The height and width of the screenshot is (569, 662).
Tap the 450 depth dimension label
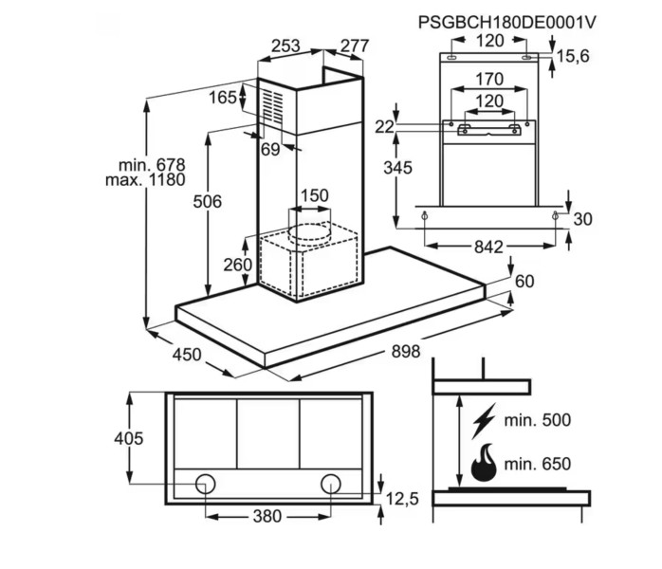186,354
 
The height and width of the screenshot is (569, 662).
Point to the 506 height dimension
206,201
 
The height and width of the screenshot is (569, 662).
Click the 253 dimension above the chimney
285,46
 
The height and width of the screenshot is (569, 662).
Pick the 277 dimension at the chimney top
353,46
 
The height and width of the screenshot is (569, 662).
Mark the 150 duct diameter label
314,196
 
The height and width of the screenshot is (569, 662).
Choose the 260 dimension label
237,265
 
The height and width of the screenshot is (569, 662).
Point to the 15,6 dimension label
572,57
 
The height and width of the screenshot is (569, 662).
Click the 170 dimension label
489,80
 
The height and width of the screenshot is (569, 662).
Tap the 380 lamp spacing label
267,516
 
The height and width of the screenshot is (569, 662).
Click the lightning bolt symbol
484,419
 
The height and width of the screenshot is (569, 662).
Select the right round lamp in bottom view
331,483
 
